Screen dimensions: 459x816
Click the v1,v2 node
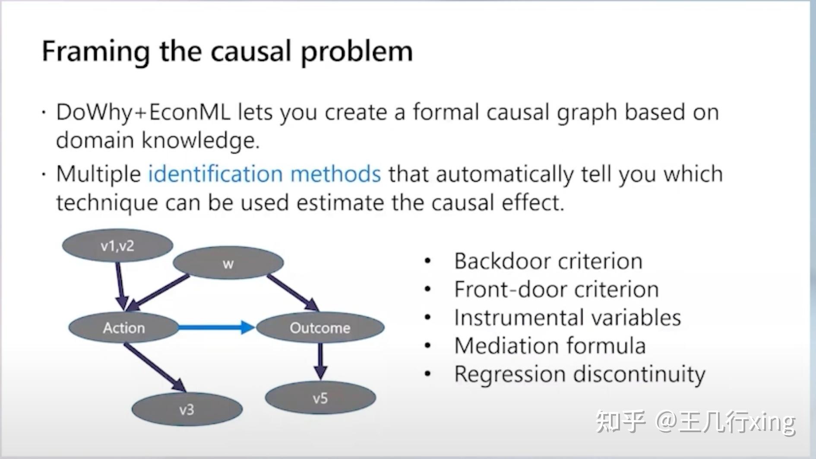point(117,245)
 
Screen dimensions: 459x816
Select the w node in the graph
point(228,263)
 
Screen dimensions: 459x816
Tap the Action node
point(124,328)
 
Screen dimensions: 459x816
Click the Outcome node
point(320,328)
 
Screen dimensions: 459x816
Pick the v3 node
point(187,409)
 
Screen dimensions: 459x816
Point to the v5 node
point(320,398)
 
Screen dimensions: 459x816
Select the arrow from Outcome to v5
point(320,361)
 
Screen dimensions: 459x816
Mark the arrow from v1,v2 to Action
point(120,285)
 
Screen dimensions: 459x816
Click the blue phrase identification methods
point(264,174)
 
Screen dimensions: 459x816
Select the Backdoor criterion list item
point(548,261)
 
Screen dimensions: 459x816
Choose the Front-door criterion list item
point(556,289)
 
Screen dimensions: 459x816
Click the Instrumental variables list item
point(567,317)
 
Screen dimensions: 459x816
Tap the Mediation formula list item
point(550,345)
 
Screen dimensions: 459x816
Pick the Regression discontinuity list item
point(579,374)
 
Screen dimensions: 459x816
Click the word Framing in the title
point(95,51)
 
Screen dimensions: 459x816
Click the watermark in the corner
point(695,421)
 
